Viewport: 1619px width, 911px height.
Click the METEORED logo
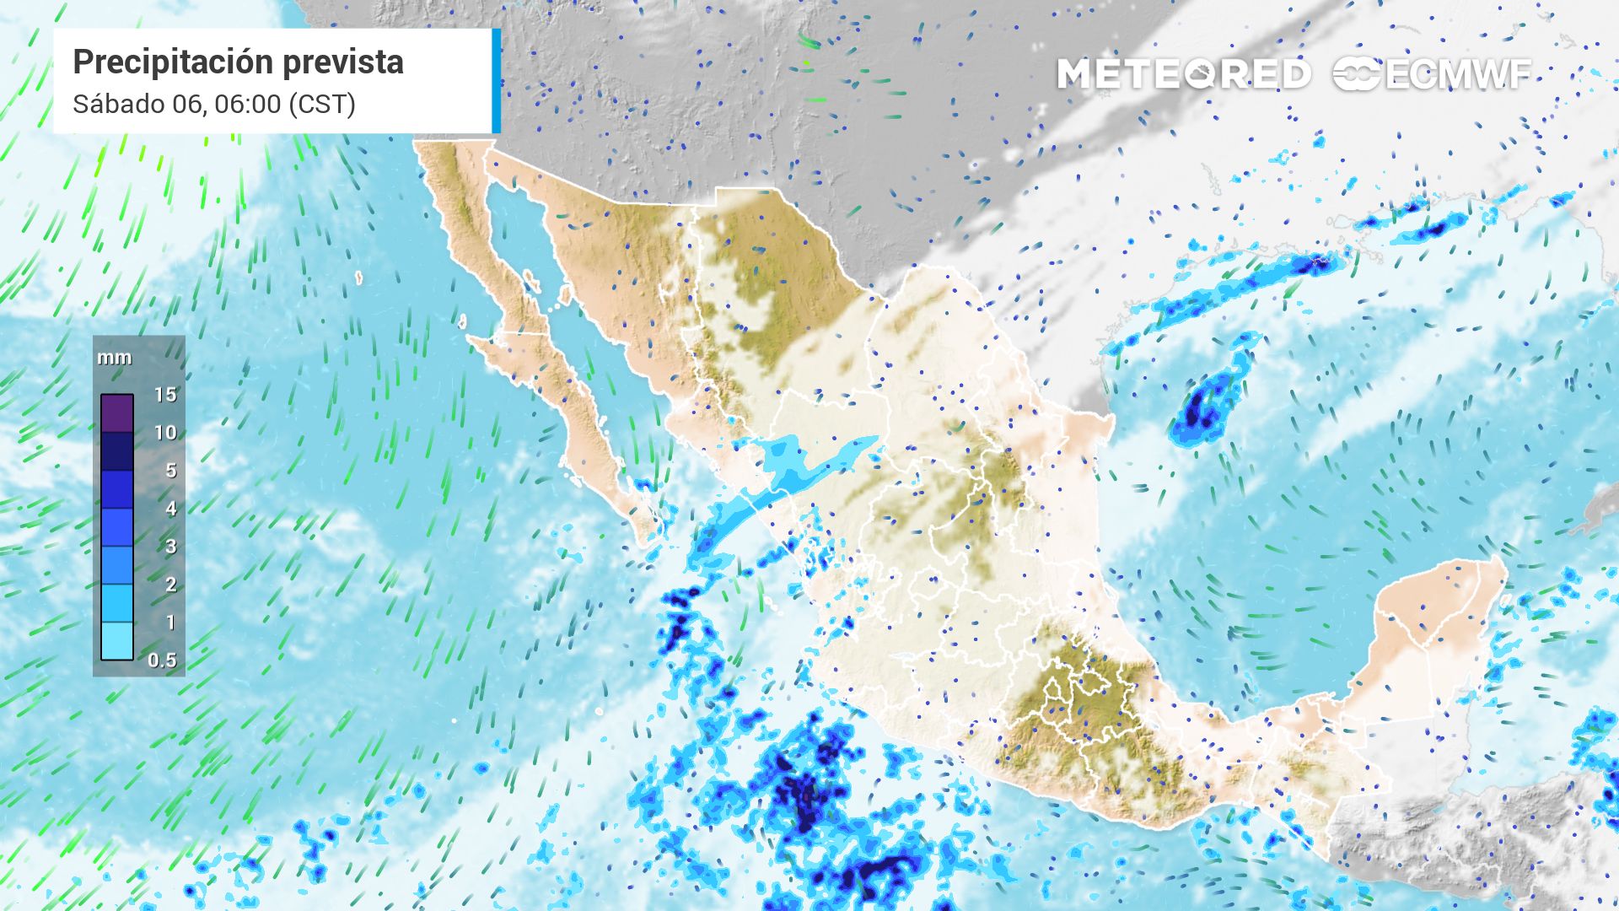[1184, 74]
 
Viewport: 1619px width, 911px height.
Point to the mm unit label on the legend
[114, 358]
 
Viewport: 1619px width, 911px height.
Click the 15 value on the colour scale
[165, 394]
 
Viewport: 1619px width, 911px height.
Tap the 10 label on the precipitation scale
[165, 433]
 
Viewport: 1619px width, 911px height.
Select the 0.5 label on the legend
[162, 660]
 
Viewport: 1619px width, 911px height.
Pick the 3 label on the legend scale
[170, 547]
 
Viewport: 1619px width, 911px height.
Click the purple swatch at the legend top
[117, 413]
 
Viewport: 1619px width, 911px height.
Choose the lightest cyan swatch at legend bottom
[117, 640]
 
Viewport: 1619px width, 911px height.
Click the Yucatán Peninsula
[1433, 616]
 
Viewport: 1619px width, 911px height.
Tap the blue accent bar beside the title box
[497, 81]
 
